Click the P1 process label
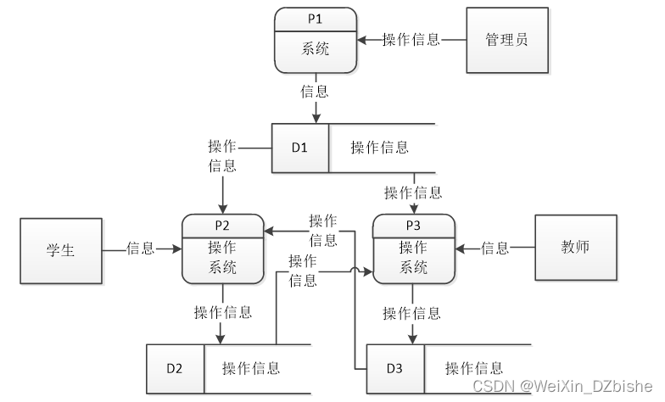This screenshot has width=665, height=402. pos(315,18)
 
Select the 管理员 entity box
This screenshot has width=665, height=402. pos(506,40)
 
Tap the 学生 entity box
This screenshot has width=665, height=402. pos(60,249)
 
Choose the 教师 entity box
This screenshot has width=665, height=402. pos(575,248)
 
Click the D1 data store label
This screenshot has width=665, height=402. pos(299,148)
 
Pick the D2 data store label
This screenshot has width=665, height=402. pos(175,368)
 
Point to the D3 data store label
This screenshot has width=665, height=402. pos(394,368)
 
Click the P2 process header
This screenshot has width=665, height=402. pos(222,226)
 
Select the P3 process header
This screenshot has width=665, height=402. pos(413,226)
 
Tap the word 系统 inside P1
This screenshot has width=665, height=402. pos(315,48)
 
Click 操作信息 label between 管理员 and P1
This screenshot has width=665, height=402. pos(411,39)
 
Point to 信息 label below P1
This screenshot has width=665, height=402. pos(315,91)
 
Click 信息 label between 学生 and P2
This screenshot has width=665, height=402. pos(140,248)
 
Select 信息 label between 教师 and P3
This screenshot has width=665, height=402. pos(495,248)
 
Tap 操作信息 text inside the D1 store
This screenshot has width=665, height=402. pos(380,148)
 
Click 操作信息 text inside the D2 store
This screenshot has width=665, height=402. pos(251,368)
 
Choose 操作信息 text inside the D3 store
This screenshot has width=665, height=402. pos(474,368)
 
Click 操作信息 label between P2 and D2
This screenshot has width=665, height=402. pos(223,312)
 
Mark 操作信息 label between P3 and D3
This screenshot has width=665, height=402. pos(413,313)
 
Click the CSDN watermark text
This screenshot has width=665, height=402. pos(562,386)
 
